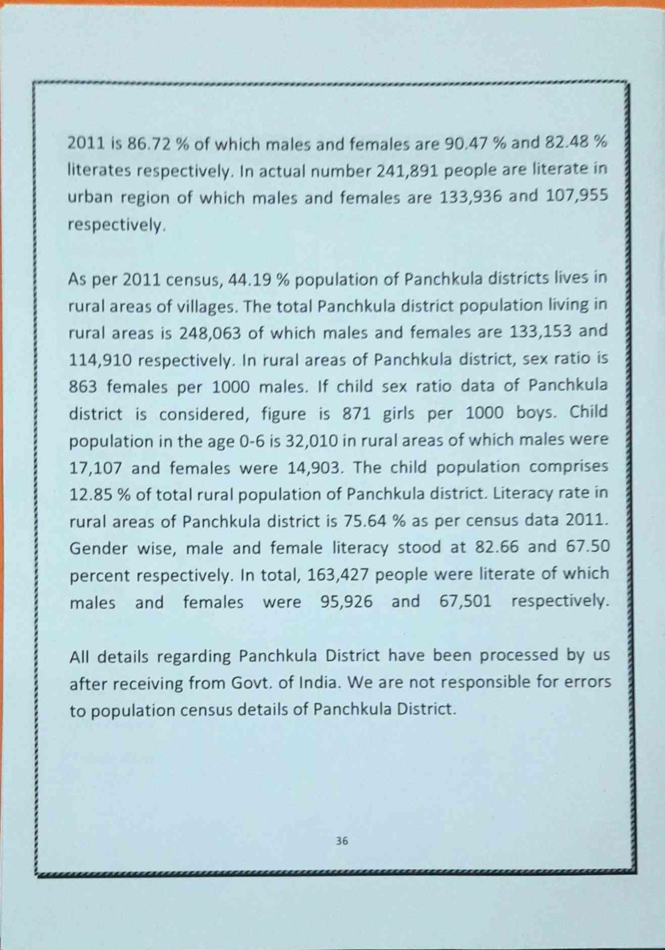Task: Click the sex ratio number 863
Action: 83,387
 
